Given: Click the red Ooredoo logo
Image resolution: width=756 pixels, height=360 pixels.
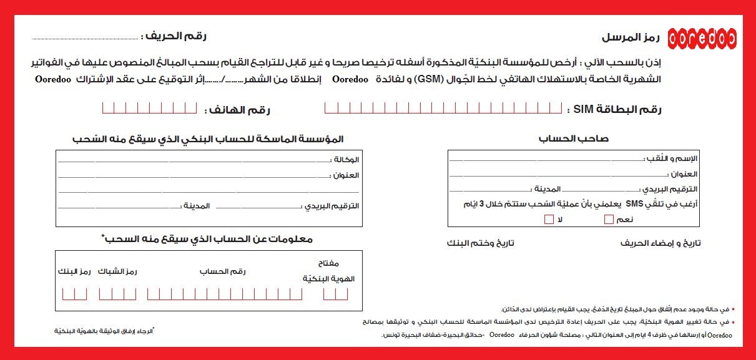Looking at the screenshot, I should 702,37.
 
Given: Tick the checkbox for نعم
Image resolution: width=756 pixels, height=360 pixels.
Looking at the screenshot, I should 609,219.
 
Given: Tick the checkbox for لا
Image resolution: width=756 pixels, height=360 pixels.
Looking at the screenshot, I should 549,219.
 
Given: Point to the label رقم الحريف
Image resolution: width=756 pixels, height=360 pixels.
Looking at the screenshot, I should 174,36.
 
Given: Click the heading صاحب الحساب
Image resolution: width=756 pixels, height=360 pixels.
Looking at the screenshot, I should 574,139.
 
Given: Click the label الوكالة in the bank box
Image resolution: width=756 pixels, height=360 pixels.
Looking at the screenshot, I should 347,160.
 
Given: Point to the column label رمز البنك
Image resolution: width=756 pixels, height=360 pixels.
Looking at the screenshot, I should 74,272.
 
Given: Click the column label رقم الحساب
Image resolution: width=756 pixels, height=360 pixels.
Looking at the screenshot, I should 223,272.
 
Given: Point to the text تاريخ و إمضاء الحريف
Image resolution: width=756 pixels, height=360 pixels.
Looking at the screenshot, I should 660,243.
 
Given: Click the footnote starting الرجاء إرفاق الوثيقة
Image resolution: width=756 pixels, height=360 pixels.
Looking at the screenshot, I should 104,330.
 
